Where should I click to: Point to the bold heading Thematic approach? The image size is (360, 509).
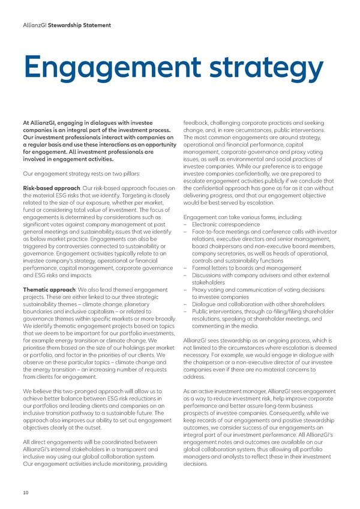[46, 291]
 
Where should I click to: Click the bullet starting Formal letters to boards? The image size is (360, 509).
[247, 268]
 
